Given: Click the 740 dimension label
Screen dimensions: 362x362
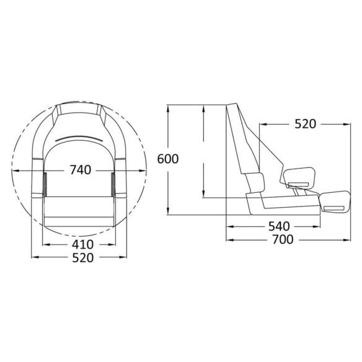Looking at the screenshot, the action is [81, 170].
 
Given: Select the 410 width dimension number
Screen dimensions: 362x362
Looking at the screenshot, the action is [82, 244].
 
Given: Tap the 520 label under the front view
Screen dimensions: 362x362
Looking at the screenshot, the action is [83, 258].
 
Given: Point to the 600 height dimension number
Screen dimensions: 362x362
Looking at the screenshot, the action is [168, 159].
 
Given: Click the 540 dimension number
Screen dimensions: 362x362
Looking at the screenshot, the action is [279, 226].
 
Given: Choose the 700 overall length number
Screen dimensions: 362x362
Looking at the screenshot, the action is [283, 239].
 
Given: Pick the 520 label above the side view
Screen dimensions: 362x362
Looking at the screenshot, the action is [305, 124].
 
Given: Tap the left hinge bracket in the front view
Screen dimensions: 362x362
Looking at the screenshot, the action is [45, 184].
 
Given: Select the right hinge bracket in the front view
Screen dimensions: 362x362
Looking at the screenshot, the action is [113, 184].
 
